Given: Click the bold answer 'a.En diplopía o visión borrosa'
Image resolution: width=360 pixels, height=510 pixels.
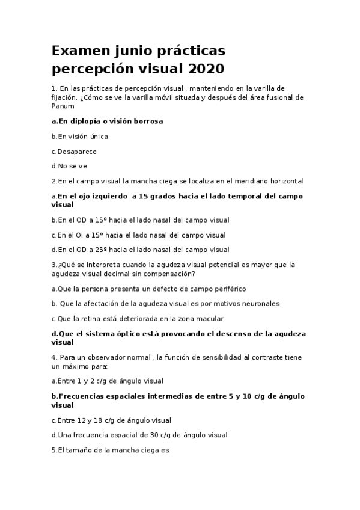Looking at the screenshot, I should click(x=107, y=121).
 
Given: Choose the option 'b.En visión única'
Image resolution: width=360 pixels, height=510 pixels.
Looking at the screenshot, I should click(x=80, y=137).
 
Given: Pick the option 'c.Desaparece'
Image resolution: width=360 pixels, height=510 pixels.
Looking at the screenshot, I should click(x=74, y=152).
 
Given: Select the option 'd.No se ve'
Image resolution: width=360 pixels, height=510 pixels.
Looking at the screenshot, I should click(x=70, y=166).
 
